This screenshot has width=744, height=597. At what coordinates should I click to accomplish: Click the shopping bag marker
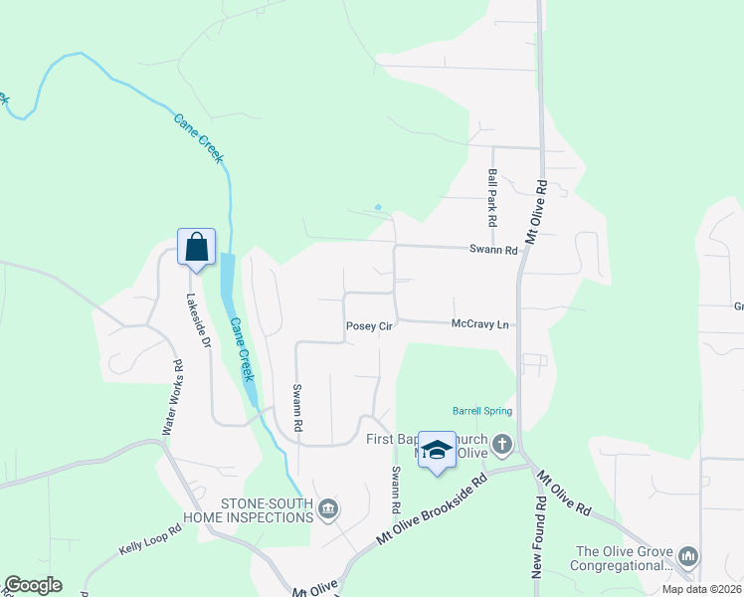[x=196, y=246]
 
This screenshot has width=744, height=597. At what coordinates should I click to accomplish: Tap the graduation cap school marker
[x=437, y=450]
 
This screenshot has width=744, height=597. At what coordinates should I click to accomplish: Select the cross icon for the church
[x=502, y=444]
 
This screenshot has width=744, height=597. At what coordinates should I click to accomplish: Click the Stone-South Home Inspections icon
[x=329, y=510]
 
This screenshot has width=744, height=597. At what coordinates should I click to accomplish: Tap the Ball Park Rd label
[x=491, y=195]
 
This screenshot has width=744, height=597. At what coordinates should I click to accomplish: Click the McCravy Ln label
[x=479, y=324]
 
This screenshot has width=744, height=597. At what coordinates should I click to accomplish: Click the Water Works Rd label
[x=172, y=397]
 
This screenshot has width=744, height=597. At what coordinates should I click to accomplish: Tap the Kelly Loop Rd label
[x=150, y=540]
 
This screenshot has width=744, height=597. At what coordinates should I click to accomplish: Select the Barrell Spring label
[x=481, y=410]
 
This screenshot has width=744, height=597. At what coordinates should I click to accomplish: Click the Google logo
[x=32, y=585]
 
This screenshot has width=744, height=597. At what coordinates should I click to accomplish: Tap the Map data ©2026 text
[x=701, y=589]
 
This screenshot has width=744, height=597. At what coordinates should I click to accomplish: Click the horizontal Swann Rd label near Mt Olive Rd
[x=493, y=251]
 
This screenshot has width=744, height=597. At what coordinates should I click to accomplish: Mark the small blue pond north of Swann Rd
[x=377, y=207]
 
